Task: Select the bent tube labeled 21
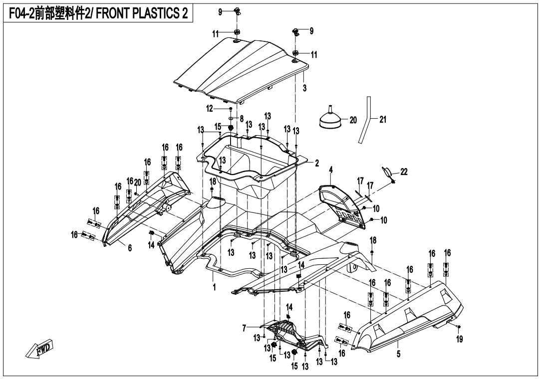pos(366,120)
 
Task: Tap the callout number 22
pos(404,172)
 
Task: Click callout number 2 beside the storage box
pos(316,163)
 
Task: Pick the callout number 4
pos(330,171)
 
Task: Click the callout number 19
pos(459,339)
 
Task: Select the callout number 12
pos(210,108)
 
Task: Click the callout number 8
pos(242,119)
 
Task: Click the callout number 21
pos(383,120)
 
